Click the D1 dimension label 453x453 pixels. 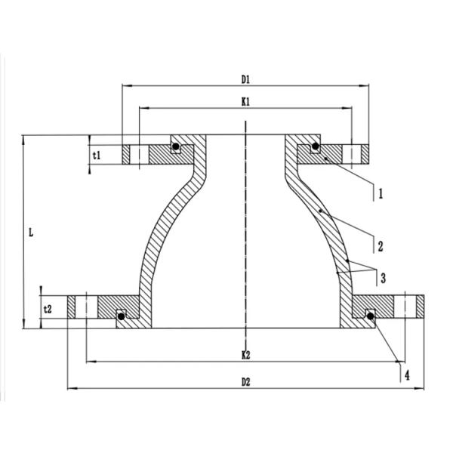[x=245, y=79]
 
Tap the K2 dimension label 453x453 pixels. [x=245, y=354]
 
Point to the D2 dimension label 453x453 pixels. [x=245, y=382]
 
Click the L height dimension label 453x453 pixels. [x=30, y=233]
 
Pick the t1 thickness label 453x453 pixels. [x=97, y=154]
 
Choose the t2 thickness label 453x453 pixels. [x=48, y=309]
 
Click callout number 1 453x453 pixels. [x=381, y=193]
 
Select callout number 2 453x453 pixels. [x=381, y=245]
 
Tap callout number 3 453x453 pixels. [x=383, y=279]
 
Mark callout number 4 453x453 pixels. [x=407, y=374]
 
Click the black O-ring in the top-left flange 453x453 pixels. [x=175, y=146]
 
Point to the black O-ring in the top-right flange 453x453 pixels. [x=316, y=146]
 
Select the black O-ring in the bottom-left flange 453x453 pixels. [x=120, y=318]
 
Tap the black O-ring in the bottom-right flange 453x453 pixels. [x=370, y=317]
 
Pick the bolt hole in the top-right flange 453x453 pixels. [x=353, y=154]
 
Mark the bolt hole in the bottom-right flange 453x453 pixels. [x=408, y=307]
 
